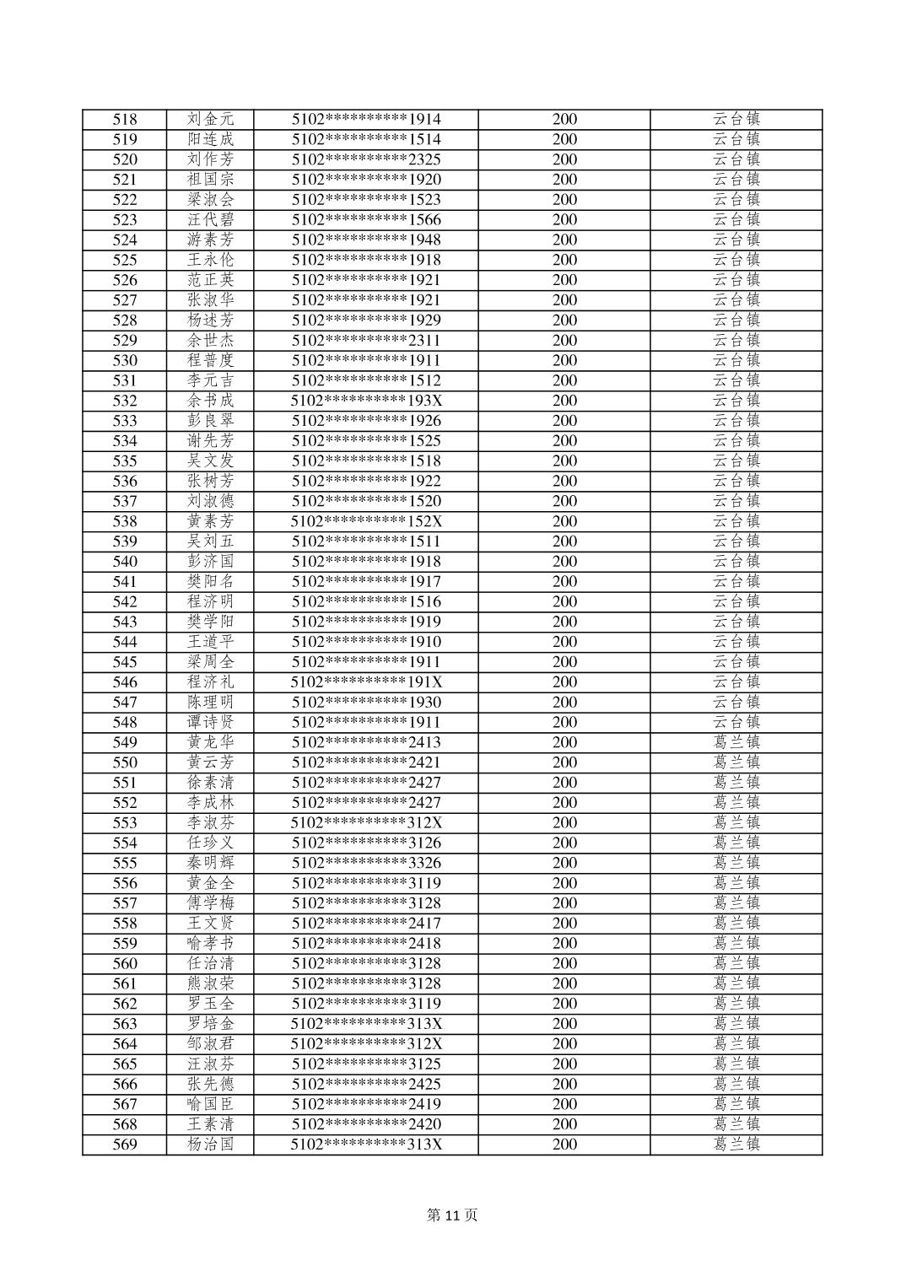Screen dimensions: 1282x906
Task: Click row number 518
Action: tap(125, 120)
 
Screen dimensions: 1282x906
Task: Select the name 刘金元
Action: tap(210, 120)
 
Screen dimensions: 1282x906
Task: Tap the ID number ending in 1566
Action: tap(366, 220)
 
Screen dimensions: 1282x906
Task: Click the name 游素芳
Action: tap(210, 240)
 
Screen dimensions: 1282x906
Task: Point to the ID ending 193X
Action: tap(366, 401)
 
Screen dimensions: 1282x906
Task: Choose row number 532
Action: tap(125, 401)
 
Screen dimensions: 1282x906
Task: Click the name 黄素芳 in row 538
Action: tap(210, 521)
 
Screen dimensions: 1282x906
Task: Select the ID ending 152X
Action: tap(366, 521)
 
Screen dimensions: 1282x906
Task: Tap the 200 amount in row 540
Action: tap(564, 562)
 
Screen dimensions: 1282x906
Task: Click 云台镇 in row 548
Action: tap(736, 722)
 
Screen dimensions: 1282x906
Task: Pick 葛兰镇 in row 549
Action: tap(736, 742)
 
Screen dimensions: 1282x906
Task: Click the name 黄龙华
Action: tap(210, 742)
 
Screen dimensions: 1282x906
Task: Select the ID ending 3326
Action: tap(366, 863)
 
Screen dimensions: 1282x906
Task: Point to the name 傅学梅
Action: tap(210, 903)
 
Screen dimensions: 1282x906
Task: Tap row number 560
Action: tap(125, 963)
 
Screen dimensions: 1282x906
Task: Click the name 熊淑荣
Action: tap(210, 983)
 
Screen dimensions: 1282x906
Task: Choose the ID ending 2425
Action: tap(366, 1084)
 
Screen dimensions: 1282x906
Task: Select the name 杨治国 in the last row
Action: tap(210, 1145)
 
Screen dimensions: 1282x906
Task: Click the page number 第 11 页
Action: tap(452, 1215)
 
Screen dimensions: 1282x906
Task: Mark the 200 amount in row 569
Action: tap(564, 1145)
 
